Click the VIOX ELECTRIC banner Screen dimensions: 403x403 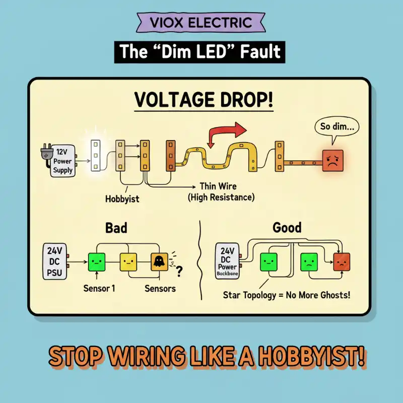point(201,23)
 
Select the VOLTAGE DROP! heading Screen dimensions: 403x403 point(204,100)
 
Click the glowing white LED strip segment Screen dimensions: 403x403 point(95,156)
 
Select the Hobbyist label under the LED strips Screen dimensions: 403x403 point(122,198)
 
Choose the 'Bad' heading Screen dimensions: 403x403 point(116,228)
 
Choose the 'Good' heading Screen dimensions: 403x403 point(287,228)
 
